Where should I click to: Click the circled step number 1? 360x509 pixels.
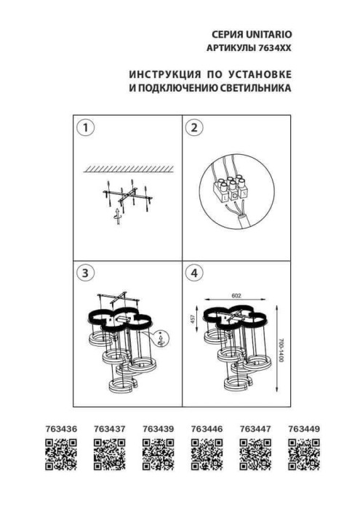coord(86,129)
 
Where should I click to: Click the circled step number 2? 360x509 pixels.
coord(193,129)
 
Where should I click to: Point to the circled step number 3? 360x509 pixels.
coord(86,273)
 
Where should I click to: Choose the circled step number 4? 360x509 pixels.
coord(193,273)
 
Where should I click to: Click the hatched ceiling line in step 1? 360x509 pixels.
coord(128,168)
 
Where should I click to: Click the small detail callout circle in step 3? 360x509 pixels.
coord(163,339)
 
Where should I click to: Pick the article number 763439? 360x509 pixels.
coord(158,430)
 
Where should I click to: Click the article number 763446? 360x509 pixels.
coord(206,430)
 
